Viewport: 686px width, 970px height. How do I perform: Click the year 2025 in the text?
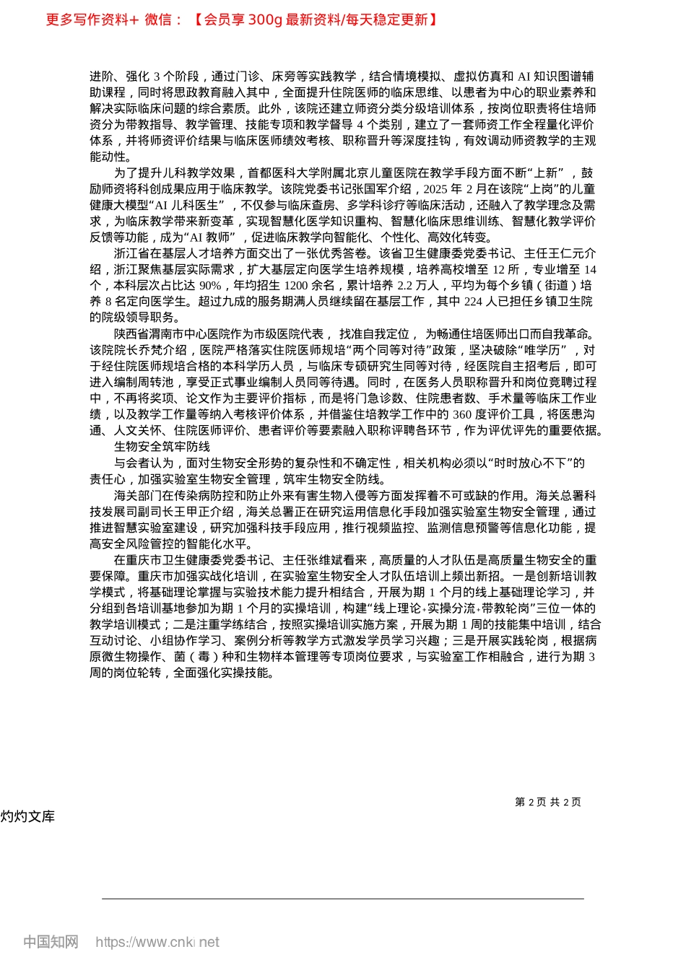(436, 189)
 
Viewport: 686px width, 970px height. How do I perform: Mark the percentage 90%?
(208, 286)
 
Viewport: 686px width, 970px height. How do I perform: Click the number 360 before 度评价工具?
(462, 414)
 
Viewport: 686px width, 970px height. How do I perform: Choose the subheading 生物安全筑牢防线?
(162, 447)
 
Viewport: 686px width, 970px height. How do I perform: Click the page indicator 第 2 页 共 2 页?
(548, 802)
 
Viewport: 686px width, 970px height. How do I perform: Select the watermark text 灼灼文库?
(27, 816)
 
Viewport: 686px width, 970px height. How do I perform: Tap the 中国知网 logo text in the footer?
(51, 942)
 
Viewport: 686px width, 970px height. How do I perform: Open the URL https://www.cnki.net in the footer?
(157, 942)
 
